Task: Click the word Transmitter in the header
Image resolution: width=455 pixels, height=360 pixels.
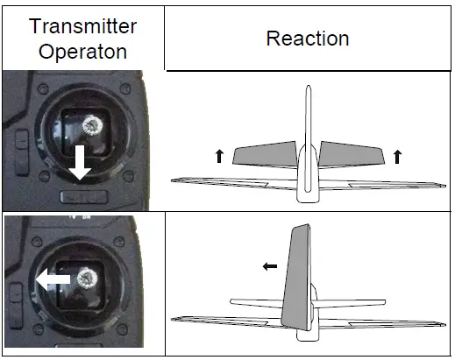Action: (82, 26)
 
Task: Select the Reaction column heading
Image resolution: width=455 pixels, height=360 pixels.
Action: (307, 39)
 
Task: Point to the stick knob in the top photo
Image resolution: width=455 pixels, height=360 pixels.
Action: (88, 128)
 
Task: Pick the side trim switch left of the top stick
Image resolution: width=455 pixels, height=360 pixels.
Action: (20, 139)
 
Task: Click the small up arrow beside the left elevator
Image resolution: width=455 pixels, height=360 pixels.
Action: (219, 156)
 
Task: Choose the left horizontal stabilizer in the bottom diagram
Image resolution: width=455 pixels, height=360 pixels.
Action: (254, 302)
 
